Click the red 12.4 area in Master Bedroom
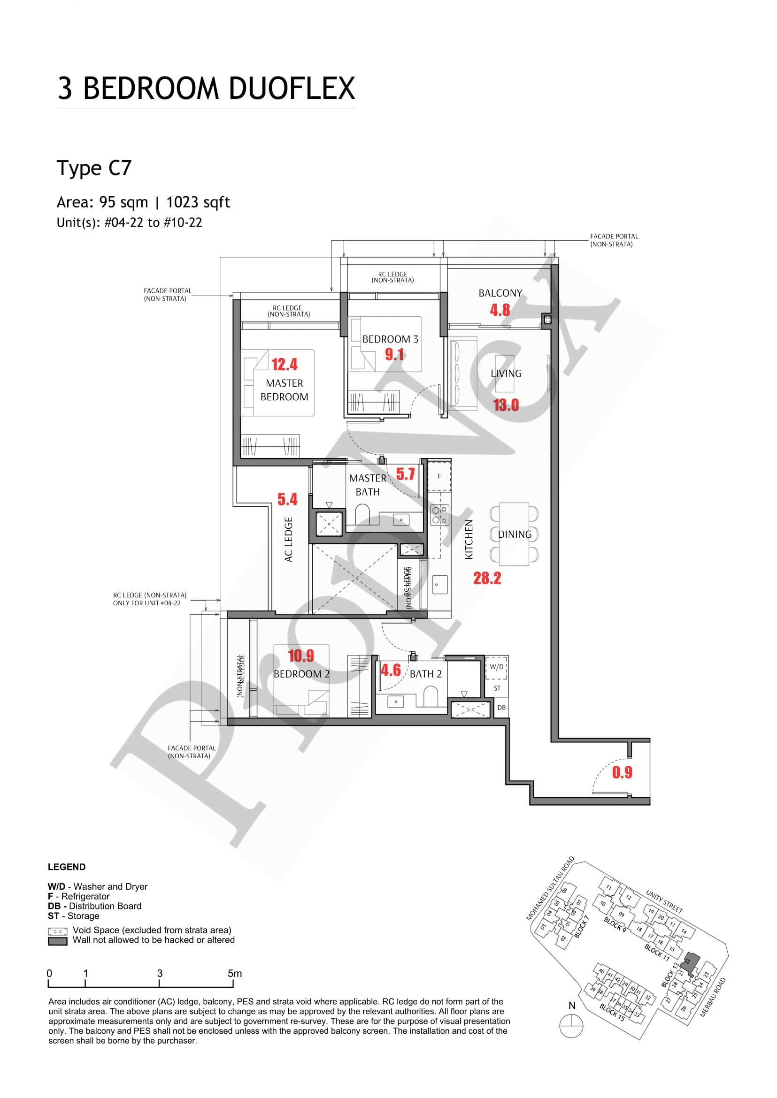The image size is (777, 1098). (x=284, y=365)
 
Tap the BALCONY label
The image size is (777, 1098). (x=500, y=293)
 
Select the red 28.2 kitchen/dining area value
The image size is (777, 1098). (x=487, y=578)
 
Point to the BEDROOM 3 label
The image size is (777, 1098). (x=390, y=339)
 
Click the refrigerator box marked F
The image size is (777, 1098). (x=439, y=476)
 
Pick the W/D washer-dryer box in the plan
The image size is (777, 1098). (x=497, y=667)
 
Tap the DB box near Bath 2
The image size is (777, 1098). (x=501, y=707)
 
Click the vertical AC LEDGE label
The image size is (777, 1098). (x=289, y=539)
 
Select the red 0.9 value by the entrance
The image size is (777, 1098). (x=622, y=772)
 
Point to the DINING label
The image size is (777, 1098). (x=515, y=534)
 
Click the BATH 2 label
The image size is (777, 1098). (x=425, y=674)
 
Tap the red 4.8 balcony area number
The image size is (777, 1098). (x=500, y=310)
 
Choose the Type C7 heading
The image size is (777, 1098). (x=94, y=168)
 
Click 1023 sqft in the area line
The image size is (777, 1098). (x=198, y=202)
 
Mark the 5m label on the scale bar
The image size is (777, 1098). (x=234, y=973)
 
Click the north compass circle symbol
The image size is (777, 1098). (x=572, y=1026)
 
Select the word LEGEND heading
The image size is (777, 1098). (x=67, y=867)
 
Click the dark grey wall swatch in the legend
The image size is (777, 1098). (x=57, y=941)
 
